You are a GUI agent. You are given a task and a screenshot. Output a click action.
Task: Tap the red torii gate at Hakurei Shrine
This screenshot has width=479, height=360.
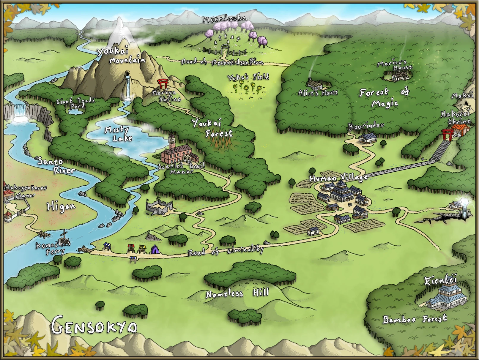(446, 134)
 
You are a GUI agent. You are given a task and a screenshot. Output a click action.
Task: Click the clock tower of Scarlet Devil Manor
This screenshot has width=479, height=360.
(171, 141)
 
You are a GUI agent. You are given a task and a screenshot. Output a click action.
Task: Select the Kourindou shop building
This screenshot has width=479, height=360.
(368, 138)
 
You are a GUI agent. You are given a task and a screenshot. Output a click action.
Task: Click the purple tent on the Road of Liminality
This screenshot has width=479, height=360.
(155, 250)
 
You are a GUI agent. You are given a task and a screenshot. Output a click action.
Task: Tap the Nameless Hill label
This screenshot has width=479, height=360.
(237, 293)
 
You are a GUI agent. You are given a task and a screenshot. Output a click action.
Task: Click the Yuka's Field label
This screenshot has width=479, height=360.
(248, 77)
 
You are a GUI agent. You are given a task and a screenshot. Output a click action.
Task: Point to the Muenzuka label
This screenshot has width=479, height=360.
(225, 19)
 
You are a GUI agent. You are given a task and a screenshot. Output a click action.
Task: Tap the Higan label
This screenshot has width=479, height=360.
(61, 206)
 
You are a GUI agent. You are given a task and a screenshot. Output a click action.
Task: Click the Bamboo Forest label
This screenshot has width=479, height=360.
(415, 319)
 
